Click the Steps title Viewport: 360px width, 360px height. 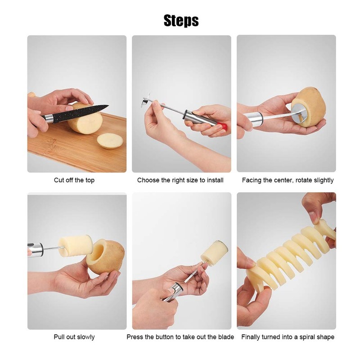[x=181, y=20]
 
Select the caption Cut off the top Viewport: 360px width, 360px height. [x=74, y=180]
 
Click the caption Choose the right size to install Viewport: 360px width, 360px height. [x=180, y=180]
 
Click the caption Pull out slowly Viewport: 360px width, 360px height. [x=74, y=337]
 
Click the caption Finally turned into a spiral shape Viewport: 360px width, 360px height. [x=288, y=337]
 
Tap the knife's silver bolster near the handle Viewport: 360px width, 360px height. [x=48, y=118]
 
